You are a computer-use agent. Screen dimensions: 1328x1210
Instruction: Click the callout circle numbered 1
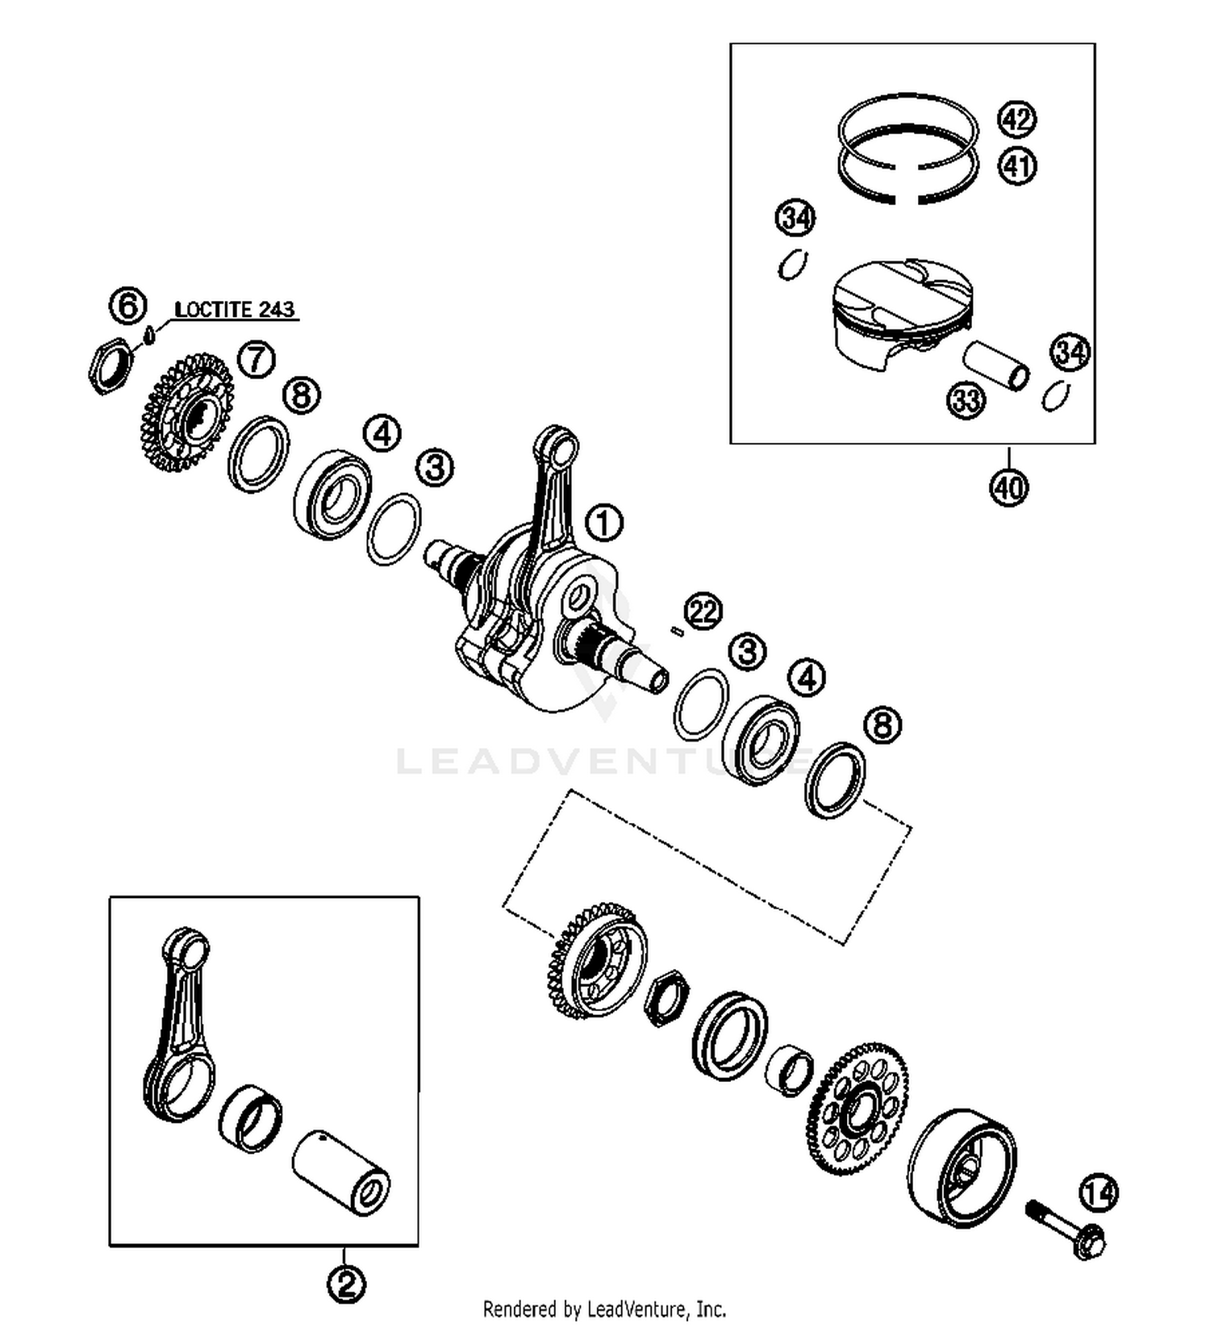point(603,523)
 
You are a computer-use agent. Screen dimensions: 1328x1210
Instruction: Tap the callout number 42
point(1016,119)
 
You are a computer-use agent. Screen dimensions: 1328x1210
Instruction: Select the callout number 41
point(1016,166)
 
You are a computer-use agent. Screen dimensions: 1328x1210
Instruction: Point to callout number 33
point(966,399)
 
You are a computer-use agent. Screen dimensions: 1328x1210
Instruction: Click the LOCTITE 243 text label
point(235,310)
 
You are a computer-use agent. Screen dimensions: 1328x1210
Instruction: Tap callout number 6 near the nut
point(128,306)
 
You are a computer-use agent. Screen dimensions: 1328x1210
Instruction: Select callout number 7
point(257,358)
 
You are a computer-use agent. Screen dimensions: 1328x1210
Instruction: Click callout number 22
point(703,612)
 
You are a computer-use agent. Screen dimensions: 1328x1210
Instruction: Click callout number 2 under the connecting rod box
point(346,1284)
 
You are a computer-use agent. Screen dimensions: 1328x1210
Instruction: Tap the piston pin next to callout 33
point(997,365)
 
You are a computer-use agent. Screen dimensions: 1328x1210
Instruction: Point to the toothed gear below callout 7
point(187,411)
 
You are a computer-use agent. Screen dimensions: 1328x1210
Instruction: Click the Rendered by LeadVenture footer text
point(604,1308)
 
